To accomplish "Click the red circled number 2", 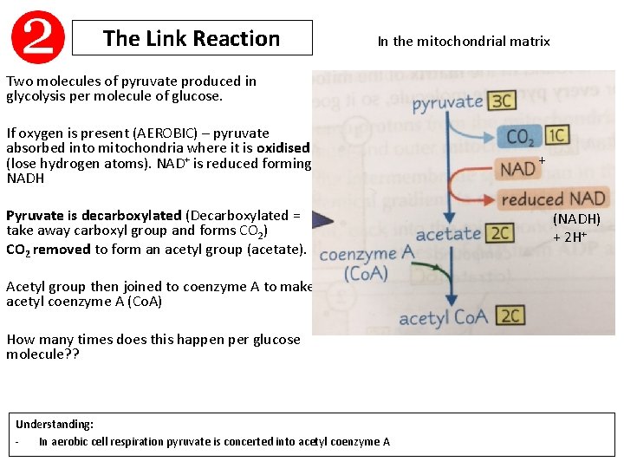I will pyautogui.click(x=38, y=37).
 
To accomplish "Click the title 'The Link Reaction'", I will pyautogui.click(x=192, y=38).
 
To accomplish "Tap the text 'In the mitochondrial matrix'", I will pyautogui.click(x=464, y=41).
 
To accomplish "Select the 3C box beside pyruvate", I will pyautogui.click(x=503, y=101).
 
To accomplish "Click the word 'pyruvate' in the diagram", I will pyautogui.click(x=447, y=104).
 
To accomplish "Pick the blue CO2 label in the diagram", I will pyautogui.click(x=521, y=136).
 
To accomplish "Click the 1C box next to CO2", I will pyautogui.click(x=556, y=135).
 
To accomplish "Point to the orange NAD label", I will pyautogui.click(x=517, y=168).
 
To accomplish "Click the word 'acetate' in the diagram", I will pyautogui.click(x=447, y=234).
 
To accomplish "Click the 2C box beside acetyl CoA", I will pyautogui.click(x=511, y=315).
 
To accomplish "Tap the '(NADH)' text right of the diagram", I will pyautogui.click(x=576, y=220).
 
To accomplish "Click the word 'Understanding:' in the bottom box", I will pyautogui.click(x=55, y=425).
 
